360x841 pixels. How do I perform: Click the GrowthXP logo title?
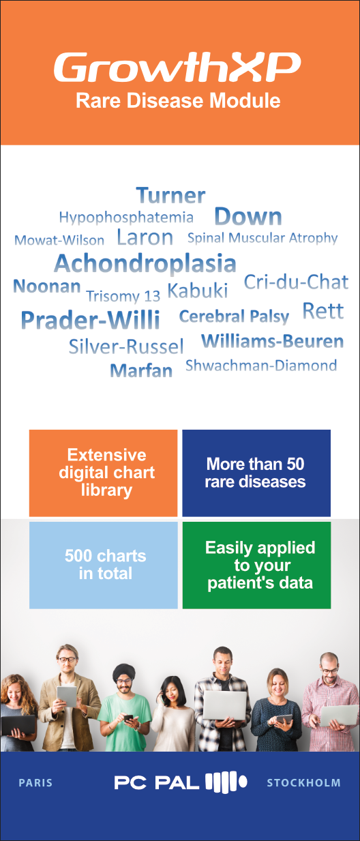pos(177,68)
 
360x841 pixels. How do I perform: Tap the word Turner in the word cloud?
pos(171,196)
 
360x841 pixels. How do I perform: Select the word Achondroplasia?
pos(145,263)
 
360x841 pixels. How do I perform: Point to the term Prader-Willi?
pos(91,321)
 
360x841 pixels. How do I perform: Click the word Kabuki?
pos(198,291)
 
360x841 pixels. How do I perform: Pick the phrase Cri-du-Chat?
pos(296,282)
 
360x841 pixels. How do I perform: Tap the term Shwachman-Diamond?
pos(261,366)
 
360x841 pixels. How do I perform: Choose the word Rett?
pos(323,311)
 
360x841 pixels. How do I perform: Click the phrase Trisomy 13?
pos(123,296)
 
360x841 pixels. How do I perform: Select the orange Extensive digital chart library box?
pos(103,473)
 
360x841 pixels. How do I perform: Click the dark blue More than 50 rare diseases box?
pos(256,473)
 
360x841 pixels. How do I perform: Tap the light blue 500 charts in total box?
pos(103,565)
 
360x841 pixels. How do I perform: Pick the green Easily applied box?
pos(256,565)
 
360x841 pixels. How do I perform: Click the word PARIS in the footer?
pos(35,783)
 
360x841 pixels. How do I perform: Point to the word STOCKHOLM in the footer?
pos(303,783)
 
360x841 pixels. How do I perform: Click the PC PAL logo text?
pos(157,783)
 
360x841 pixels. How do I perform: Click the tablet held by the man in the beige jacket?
pos(67,696)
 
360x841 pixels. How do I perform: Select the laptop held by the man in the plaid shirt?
pos(225,706)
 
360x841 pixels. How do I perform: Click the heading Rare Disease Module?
pos(178,101)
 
